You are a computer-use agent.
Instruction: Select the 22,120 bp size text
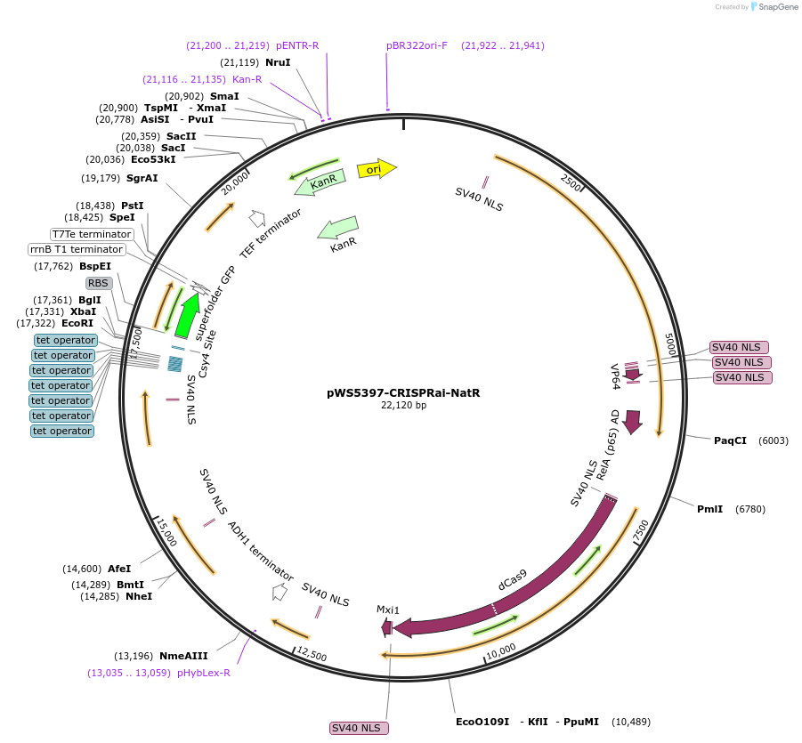click(x=403, y=406)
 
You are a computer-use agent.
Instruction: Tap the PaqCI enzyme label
click(x=730, y=440)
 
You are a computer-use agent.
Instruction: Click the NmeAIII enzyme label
click(x=183, y=656)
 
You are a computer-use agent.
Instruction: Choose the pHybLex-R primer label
click(x=204, y=673)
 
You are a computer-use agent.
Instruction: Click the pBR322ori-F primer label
click(x=417, y=45)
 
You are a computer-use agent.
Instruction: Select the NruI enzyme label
click(x=279, y=62)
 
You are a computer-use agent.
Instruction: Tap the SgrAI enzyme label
click(x=142, y=178)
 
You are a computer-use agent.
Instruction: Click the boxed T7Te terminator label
click(x=92, y=234)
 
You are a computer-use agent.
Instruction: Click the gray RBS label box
click(x=98, y=283)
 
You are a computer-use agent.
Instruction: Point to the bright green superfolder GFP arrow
click(x=187, y=315)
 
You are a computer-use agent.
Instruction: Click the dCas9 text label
click(x=512, y=579)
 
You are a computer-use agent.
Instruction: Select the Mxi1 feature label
click(x=388, y=610)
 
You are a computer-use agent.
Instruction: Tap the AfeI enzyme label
click(x=119, y=569)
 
